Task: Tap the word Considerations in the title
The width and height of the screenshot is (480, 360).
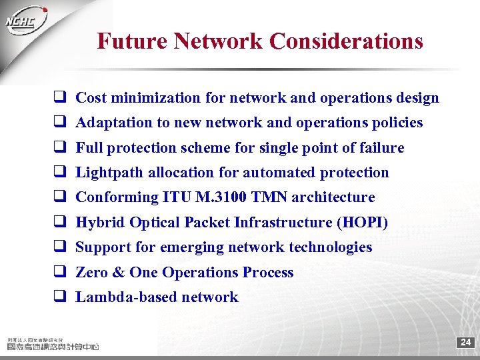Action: tap(346, 41)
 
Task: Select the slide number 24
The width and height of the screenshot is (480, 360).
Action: tap(465, 343)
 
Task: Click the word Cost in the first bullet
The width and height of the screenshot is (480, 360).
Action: tap(91, 98)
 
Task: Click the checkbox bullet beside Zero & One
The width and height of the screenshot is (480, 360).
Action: tap(59, 272)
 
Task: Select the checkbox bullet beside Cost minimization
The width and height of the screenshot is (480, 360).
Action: tap(59, 97)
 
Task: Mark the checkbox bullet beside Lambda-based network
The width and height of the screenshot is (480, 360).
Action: tap(59, 297)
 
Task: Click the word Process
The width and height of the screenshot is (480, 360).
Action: tap(268, 273)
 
